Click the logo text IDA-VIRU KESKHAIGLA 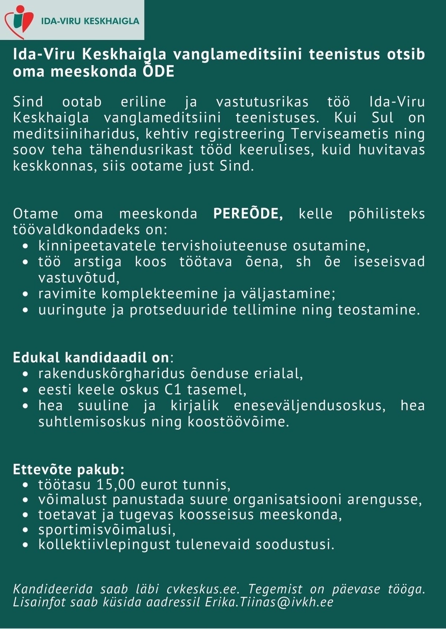(x=90, y=21)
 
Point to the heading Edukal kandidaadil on (x=91, y=358)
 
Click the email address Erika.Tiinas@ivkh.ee (x=269, y=602)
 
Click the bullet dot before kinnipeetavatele (x=25, y=246)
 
